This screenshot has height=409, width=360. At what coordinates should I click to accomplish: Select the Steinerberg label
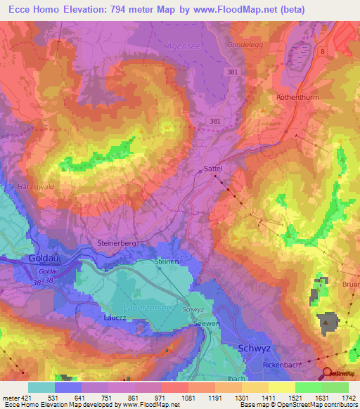point(117,243)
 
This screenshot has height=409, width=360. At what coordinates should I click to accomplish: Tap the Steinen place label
point(167,262)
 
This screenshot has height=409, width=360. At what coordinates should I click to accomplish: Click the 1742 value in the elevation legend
point(346,397)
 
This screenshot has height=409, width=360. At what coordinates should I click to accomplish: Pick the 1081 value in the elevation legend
point(187,397)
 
